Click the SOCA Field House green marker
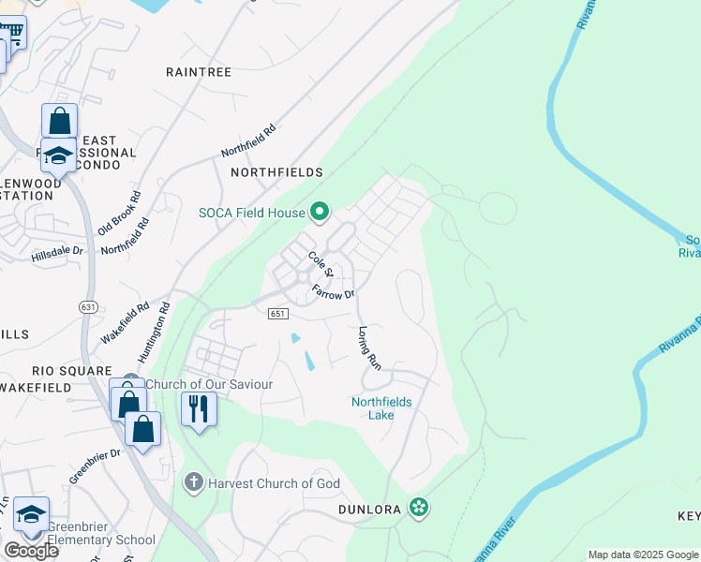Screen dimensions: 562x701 (x=319, y=212)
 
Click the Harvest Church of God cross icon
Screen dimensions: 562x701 (x=194, y=483)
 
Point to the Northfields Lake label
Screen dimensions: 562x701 (x=381, y=408)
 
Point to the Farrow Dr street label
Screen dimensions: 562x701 (x=335, y=291)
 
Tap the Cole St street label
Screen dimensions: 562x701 (x=321, y=258)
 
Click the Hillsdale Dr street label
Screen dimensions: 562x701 (x=57, y=253)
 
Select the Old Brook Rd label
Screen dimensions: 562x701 (x=119, y=214)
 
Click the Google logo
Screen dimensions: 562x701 (x=31, y=551)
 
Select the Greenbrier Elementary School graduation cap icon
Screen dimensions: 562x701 (x=31, y=514)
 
